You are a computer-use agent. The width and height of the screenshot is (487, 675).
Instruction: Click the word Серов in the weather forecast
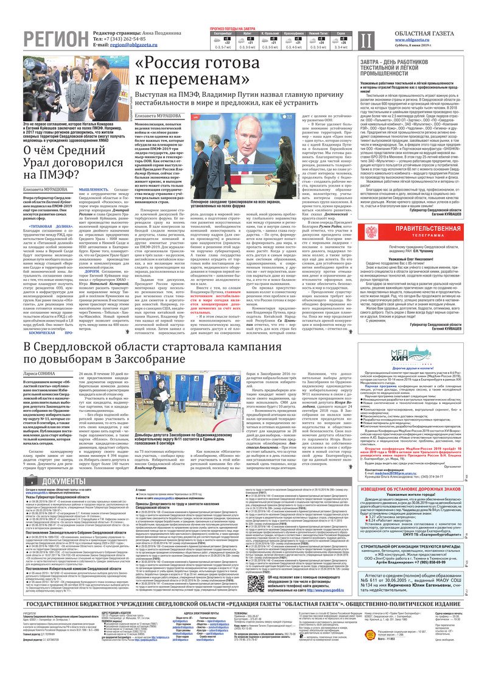point(342,32)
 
